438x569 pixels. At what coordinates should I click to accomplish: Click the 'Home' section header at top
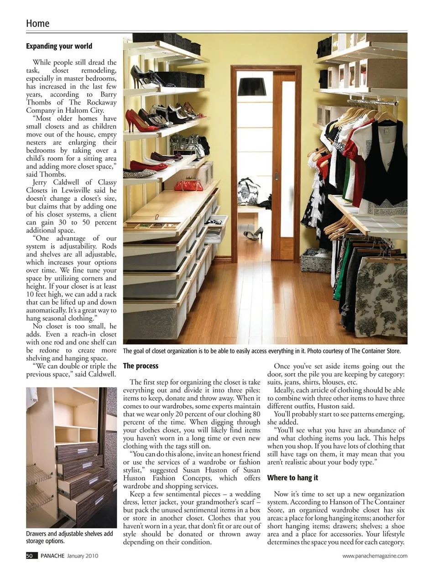37,23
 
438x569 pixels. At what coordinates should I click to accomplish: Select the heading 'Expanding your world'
59,46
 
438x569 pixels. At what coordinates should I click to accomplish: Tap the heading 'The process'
141,365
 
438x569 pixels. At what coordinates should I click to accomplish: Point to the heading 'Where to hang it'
292,478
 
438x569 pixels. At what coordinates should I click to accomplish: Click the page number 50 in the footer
29,556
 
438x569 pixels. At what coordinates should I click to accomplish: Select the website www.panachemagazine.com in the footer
375,556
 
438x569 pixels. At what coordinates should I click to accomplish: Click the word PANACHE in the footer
52,556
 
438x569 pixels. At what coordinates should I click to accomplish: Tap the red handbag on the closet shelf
187,185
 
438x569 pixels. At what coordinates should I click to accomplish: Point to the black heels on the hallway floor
252,234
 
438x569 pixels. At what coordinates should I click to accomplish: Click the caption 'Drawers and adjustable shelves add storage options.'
69,537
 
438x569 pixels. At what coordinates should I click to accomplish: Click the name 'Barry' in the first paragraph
108,94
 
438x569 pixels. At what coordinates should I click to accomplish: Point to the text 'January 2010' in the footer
83,556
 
